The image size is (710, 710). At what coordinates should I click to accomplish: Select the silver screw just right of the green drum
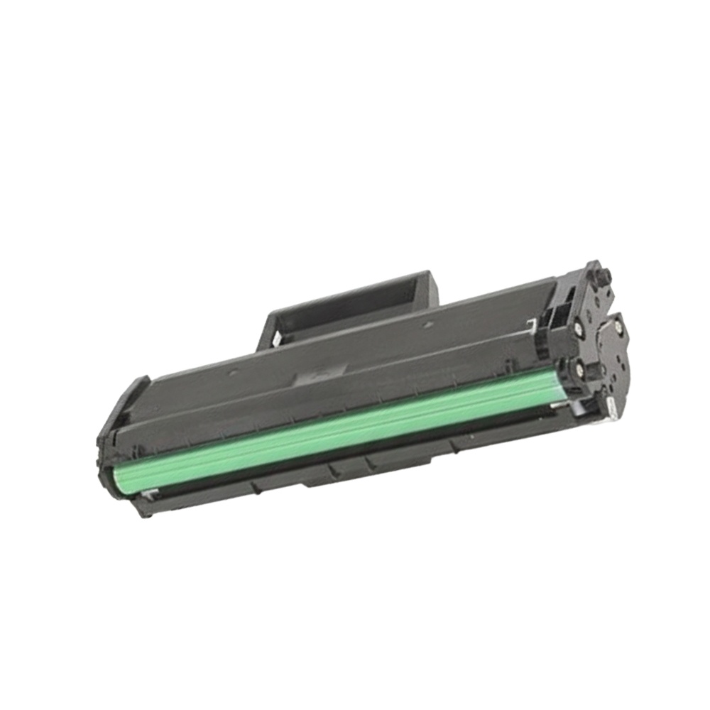coord(580,368)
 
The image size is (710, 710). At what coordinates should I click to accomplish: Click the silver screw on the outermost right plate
coord(617,326)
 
